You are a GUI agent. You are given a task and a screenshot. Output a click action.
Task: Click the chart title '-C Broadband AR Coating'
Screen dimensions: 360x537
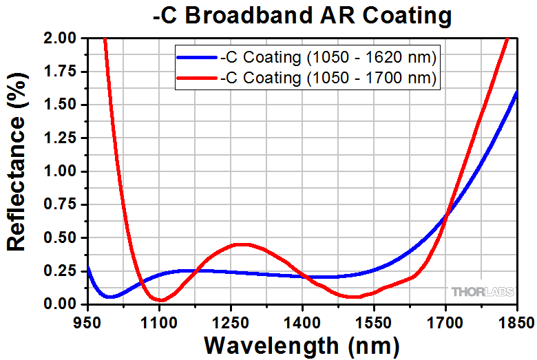[302, 14]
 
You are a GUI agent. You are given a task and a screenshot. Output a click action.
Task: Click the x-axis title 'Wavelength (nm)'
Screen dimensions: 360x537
[302, 343]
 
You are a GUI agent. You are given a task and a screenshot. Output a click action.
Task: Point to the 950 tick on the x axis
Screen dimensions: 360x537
[87, 321]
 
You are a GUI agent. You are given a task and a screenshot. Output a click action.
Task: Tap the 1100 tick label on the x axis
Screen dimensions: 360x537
[159, 321]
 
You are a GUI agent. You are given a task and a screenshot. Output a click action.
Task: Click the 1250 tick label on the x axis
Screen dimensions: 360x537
[231, 321]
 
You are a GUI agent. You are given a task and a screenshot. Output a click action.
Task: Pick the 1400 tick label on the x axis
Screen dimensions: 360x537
[302, 321]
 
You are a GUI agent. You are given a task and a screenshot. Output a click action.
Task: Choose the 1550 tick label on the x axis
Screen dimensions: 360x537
[374, 321]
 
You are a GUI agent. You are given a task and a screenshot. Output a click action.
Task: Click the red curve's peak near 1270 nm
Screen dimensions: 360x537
[238, 244]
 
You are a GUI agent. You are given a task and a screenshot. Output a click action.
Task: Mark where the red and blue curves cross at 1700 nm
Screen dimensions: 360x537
[447, 217]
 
